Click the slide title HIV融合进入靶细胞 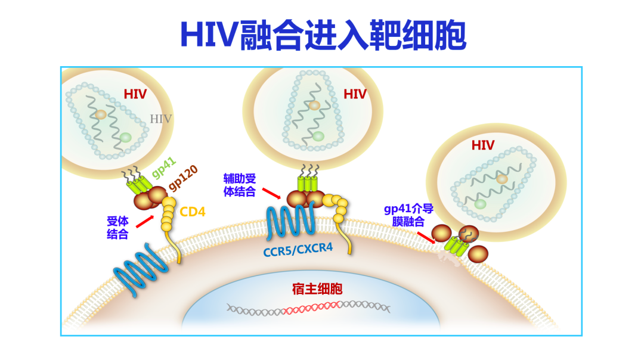(323, 35)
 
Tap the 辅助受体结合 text (239, 185)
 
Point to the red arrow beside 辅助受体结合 (272, 193)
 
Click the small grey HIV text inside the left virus (161, 119)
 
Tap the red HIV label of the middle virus (355, 95)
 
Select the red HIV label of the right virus (483, 145)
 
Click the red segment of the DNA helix (312, 308)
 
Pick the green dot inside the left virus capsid (125, 138)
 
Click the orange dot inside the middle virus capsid (314, 105)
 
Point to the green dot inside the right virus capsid (480, 204)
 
